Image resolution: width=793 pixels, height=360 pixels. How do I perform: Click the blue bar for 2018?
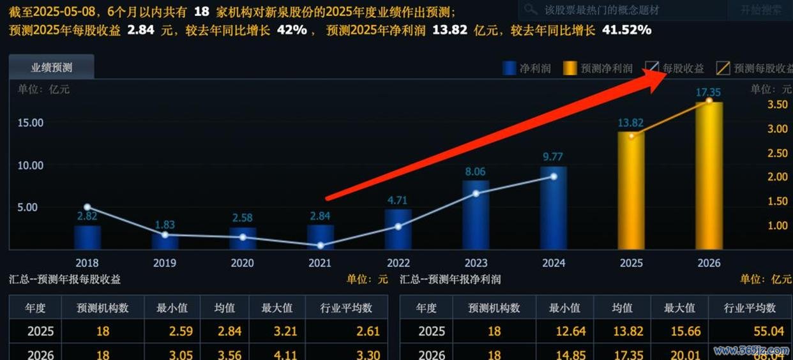(87, 237)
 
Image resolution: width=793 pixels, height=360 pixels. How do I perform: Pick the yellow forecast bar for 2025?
(631, 191)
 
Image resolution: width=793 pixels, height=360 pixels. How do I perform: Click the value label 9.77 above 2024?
(553, 156)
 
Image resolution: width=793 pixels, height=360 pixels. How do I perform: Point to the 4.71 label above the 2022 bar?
(397, 200)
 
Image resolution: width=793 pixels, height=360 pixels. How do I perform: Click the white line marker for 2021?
(321, 245)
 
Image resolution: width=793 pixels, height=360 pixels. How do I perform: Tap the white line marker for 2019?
(165, 234)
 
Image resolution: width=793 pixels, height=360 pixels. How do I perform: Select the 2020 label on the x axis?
(242, 263)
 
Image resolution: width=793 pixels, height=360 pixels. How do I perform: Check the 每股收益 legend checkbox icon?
(652, 68)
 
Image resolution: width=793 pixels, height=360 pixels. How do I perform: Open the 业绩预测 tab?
(52, 68)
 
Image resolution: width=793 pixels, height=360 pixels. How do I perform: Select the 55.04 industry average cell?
(750, 331)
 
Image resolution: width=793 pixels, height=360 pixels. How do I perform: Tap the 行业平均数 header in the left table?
(346, 308)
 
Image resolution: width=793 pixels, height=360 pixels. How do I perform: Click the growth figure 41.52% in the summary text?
(625, 30)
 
